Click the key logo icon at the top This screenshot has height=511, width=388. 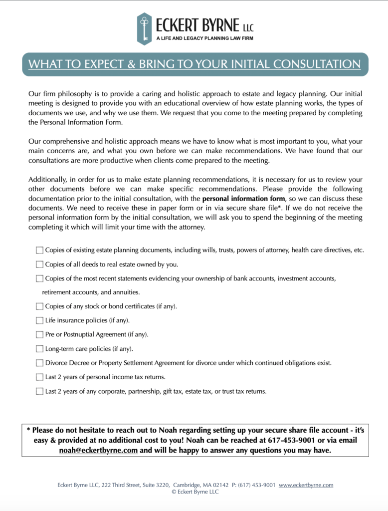[x=145, y=28]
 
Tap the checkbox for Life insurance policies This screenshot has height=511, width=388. [x=39, y=320]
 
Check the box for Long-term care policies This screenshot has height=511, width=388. [x=39, y=349]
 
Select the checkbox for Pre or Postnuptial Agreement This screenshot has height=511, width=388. [x=39, y=334]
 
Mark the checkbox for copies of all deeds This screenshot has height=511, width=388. [x=39, y=264]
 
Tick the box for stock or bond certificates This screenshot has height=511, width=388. [x=39, y=306]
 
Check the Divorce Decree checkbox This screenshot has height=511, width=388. [x=39, y=363]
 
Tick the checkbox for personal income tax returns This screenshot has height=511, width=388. [x=39, y=377]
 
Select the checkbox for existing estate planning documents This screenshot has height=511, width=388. [x=39, y=250]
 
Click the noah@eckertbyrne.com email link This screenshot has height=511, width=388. [x=98, y=450]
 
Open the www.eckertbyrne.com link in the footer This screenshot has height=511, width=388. [x=306, y=485]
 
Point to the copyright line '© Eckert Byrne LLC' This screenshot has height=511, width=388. [x=195, y=492]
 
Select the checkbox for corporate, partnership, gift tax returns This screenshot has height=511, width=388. [x=39, y=391]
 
